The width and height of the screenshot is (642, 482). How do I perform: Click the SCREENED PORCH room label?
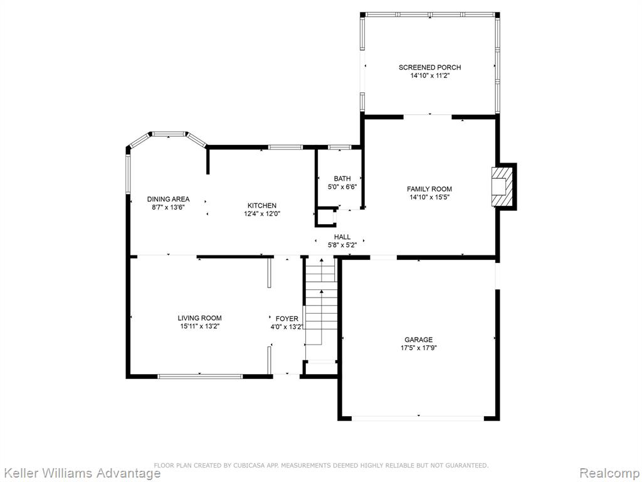coord(429,67)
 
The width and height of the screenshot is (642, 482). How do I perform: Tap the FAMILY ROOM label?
coord(429,189)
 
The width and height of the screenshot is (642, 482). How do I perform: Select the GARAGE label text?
coord(418,340)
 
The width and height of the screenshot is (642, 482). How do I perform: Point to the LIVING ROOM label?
coord(200,318)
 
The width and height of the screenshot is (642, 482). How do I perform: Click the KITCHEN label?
coord(262,205)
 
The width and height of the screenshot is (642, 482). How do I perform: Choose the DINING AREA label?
coord(168,199)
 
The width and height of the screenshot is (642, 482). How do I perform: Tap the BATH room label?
coord(342,178)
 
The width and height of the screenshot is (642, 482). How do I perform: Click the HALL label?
coord(342,237)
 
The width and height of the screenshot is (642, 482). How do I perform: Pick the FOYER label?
coord(287,318)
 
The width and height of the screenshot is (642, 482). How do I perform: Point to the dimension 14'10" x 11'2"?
coord(429,75)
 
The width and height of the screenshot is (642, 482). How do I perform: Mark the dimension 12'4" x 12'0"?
coord(262,213)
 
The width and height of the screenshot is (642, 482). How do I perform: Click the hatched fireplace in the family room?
coord(502,186)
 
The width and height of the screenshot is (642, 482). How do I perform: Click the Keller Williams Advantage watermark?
coord(80,473)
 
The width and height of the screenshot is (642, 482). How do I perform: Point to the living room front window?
coord(200,377)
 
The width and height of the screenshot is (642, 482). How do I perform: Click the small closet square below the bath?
coord(325,217)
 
